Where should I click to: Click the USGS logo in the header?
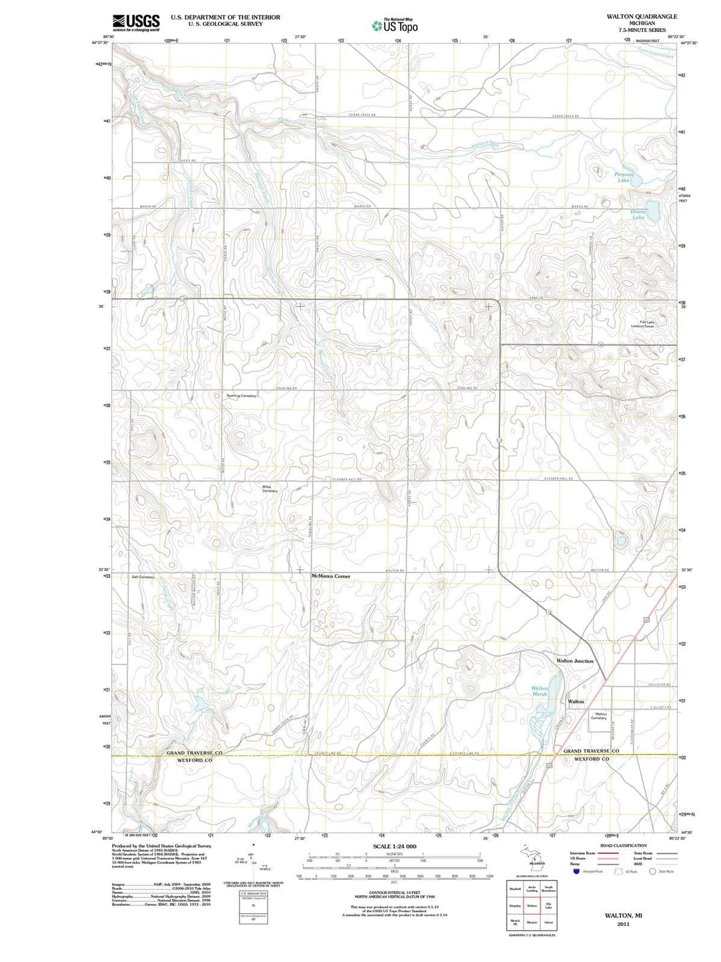coord(136,23)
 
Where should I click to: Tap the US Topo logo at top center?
coord(395,25)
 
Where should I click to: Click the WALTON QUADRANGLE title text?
coord(632,16)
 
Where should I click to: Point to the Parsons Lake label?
coord(623,177)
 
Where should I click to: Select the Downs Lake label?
coord(638,215)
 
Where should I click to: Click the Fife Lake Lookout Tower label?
coord(647,324)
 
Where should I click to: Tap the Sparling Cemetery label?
coord(241,396)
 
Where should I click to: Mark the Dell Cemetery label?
coord(144,577)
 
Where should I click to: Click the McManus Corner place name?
coord(330,576)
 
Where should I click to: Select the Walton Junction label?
coord(575,660)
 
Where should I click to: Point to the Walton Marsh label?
coord(539,691)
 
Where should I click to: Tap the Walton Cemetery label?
coord(599,716)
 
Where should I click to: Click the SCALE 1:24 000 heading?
coord(395,846)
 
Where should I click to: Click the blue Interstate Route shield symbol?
coord(576,871)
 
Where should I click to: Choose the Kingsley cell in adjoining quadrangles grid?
coord(515,907)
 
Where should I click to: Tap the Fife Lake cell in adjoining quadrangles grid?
coord(549,907)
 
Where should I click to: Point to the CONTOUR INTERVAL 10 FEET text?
coord(395,892)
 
